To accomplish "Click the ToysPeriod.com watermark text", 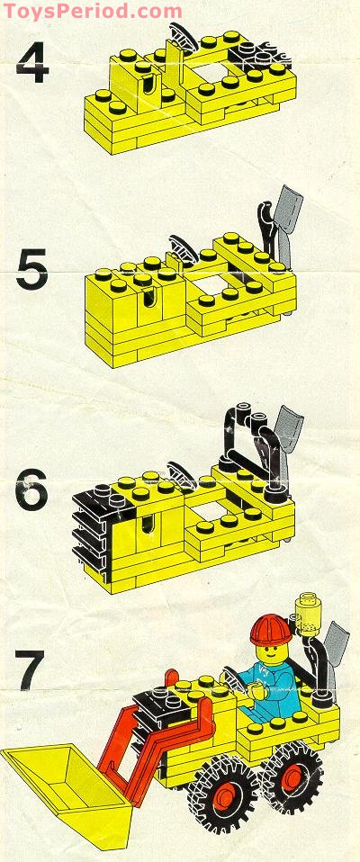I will pos(91,11).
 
